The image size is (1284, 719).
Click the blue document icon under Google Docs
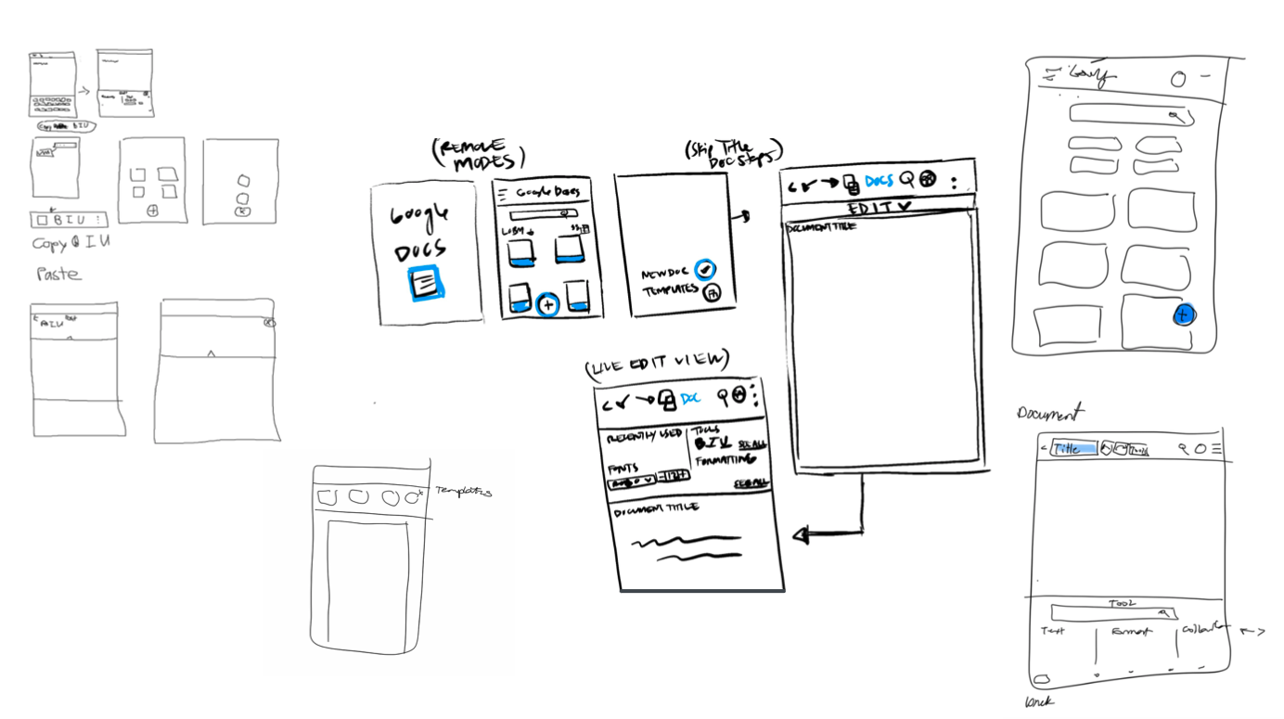click(x=427, y=282)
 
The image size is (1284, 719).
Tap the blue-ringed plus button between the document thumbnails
click(x=547, y=303)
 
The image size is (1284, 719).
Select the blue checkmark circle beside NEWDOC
click(x=705, y=269)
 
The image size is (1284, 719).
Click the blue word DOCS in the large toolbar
click(x=880, y=180)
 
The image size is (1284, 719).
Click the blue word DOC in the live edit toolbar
click(x=690, y=398)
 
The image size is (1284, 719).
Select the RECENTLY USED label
click(x=644, y=433)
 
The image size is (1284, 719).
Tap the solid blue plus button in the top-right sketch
click(x=1182, y=315)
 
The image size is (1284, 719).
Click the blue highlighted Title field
click(x=1073, y=448)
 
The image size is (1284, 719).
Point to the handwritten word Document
click(x=1049, y=414)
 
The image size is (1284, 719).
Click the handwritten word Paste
click(x=58, y=274)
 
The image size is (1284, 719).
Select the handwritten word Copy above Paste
click(x=48, y=244)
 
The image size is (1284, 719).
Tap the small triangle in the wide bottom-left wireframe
click(x=211, y=353)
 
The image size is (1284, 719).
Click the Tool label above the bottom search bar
click(x=1122, y=603)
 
